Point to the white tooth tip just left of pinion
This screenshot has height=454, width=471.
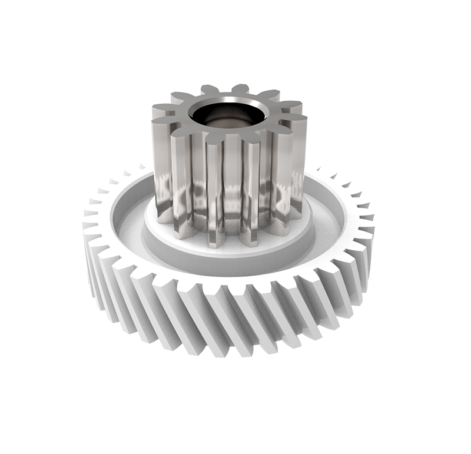click(x=141, y=168)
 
